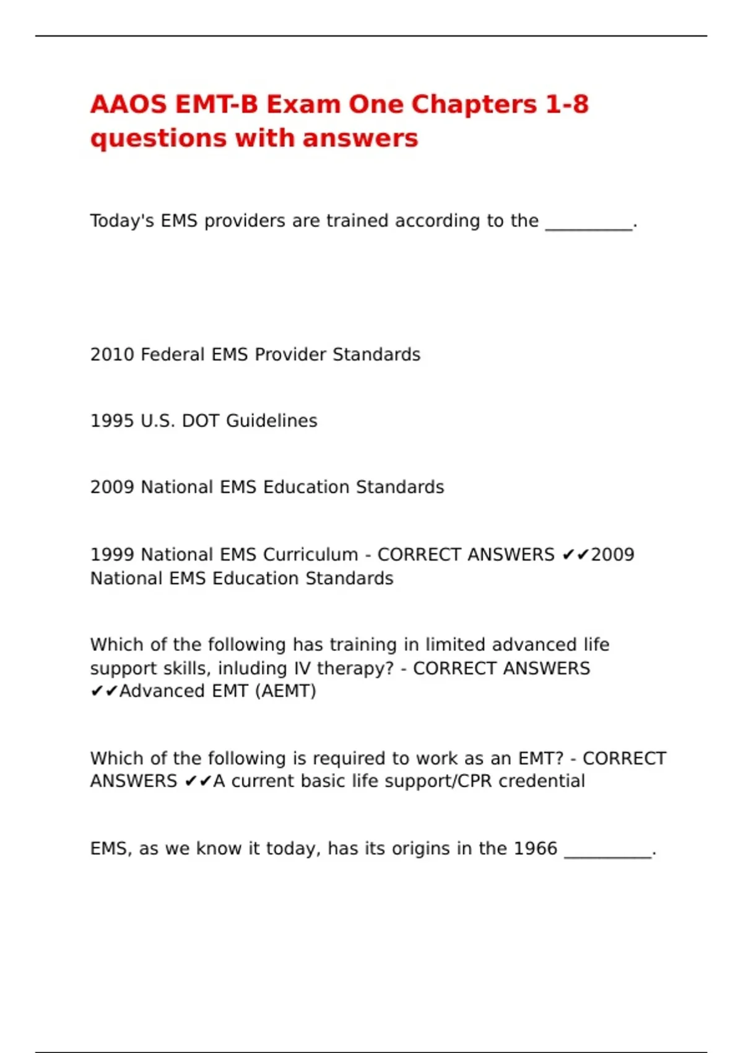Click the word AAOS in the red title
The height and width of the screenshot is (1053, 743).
[x=128, y=104]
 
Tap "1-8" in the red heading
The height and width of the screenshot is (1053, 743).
[x=567, y=104]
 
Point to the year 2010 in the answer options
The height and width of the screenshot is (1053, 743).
[x=112, y=354]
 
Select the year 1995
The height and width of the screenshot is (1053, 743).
[x=112, y=421]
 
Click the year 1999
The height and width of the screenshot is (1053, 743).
[x=112, y=554]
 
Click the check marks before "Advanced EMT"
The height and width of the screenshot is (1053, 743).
[x=104, y=691]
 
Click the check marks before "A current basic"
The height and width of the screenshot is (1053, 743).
[x=198, y=781]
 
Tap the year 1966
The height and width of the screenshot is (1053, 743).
[x=536, y=849]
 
